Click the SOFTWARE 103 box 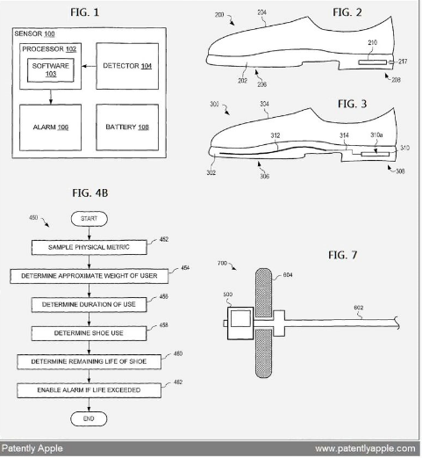(x=51, y=70)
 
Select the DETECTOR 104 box (x=127, y=66)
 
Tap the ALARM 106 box (x=50, y=127)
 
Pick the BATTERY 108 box (x=127, y=127)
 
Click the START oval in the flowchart (x=89, y=219)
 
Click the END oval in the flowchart (x=89, y=418)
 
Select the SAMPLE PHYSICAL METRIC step (x=89, y=247)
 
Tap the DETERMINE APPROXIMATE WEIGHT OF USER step (x=89, y=276)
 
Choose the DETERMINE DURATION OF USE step (x=89, y=304)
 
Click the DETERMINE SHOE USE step (x=89, y=333)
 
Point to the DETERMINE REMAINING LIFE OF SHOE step (x=89, y=361)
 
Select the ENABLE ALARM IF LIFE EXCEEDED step (x=89, y=390)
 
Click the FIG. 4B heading (x=90, y=193)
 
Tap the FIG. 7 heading (x=342, y=255)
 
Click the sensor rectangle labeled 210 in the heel (x=373, y=62)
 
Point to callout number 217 (x=403, y=62)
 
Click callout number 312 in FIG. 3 (x=275, y=135)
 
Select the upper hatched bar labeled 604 (x=263, y=293)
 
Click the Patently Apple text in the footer (x=32, y=448)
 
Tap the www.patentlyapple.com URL (x=365, y=448)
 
